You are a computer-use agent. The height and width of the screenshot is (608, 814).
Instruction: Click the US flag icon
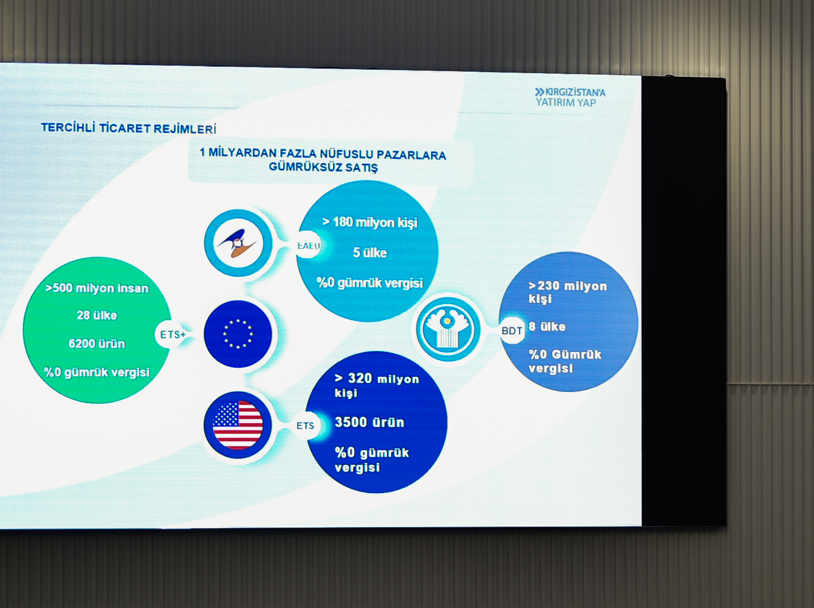(237, 424)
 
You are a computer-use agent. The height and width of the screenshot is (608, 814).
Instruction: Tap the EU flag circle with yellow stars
(237, 334)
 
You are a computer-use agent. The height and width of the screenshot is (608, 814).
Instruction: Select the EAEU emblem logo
(237, 243)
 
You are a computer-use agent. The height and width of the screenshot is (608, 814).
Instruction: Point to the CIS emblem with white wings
(448, 329)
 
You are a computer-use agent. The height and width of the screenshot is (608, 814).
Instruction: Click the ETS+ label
(173, 334)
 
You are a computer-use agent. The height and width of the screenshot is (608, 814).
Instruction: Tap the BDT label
(512, 331)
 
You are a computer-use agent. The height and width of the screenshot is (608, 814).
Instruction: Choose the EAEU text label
(309, 245)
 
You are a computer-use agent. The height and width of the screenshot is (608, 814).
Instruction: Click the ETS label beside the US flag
(305, 426)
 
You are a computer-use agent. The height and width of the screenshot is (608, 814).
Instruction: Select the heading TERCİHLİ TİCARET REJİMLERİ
(128, 128)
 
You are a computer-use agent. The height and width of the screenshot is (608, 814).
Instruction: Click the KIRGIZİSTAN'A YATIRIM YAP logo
(569, 97)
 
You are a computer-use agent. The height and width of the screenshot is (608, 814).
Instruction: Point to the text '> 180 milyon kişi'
(369, 222)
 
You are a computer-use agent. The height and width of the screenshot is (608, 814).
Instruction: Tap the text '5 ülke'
(370, 253)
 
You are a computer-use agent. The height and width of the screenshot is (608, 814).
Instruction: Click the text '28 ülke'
(97, 315)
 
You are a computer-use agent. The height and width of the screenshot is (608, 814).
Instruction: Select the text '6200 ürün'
(97, 344)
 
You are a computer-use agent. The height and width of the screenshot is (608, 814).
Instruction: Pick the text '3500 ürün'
(369, 422)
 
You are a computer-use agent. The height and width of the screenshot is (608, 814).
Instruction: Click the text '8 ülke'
(547, 327)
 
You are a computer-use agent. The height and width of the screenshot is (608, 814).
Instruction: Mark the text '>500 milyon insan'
(97, 288)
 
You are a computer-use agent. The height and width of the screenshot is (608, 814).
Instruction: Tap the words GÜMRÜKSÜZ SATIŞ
(323, 167)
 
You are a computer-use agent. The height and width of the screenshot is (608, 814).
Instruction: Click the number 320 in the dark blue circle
(360, 378)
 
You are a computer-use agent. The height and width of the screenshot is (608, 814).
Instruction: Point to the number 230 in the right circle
(548, 286)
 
